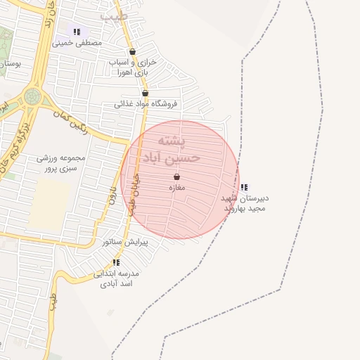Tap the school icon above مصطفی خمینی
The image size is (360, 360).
(76, 32)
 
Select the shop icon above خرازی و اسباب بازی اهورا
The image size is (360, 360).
(132, 51)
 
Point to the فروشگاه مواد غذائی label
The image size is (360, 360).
(146, 104)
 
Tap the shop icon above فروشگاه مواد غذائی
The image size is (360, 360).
(145, 93)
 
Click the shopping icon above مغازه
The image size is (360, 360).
(176, 176)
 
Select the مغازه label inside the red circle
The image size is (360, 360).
(176, 188)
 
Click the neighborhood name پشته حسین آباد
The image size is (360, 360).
(172, 148)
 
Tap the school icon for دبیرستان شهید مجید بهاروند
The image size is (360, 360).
(243, 187)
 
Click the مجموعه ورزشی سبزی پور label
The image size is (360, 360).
(61, 163)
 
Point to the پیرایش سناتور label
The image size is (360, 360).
(125, 241)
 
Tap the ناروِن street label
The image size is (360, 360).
(112, 194)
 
